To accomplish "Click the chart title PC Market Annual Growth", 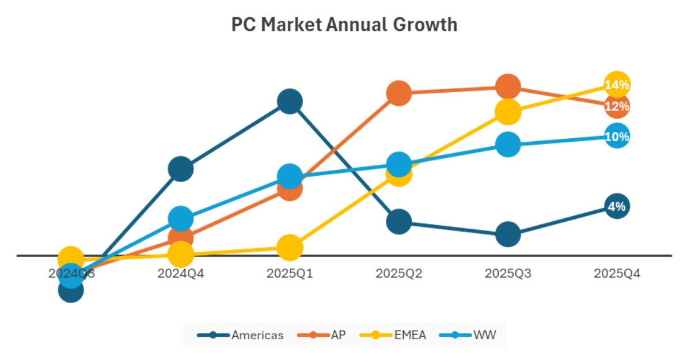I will pos(344,25).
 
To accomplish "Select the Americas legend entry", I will pos(240,335).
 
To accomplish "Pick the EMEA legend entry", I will pos(393,335).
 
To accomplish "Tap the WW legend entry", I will pos(468,335).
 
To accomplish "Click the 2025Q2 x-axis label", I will pos(398,274).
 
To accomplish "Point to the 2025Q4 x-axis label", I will pos(617,274).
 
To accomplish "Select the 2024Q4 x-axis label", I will pos(180,274).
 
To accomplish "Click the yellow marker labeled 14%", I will pos(617,85).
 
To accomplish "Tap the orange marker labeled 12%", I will pos(617,106).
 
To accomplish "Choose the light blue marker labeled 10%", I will pos(617,137).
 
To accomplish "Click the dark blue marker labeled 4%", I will pos(617,206).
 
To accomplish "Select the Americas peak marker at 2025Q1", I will pos(290,101).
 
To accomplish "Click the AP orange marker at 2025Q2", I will pos(398,92).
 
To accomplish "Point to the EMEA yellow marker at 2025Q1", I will pos(290,248).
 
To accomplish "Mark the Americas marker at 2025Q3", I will pos(508,234).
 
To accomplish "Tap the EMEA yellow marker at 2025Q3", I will pos(508,111).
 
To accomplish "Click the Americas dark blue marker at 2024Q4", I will pos(180,169).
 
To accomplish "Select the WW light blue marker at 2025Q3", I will pos(508,144).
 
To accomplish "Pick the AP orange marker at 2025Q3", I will pos(508,86).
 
